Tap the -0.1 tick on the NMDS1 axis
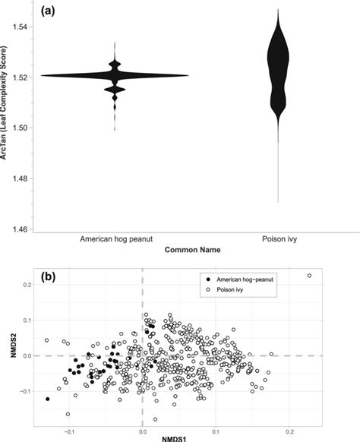pos(69,427)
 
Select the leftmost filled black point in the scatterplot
pos(48,399)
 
